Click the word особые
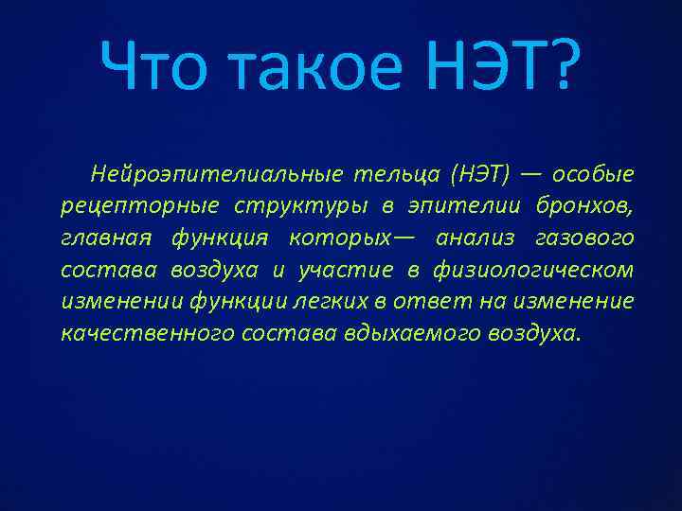[593, 175]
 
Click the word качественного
[138, 334]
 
